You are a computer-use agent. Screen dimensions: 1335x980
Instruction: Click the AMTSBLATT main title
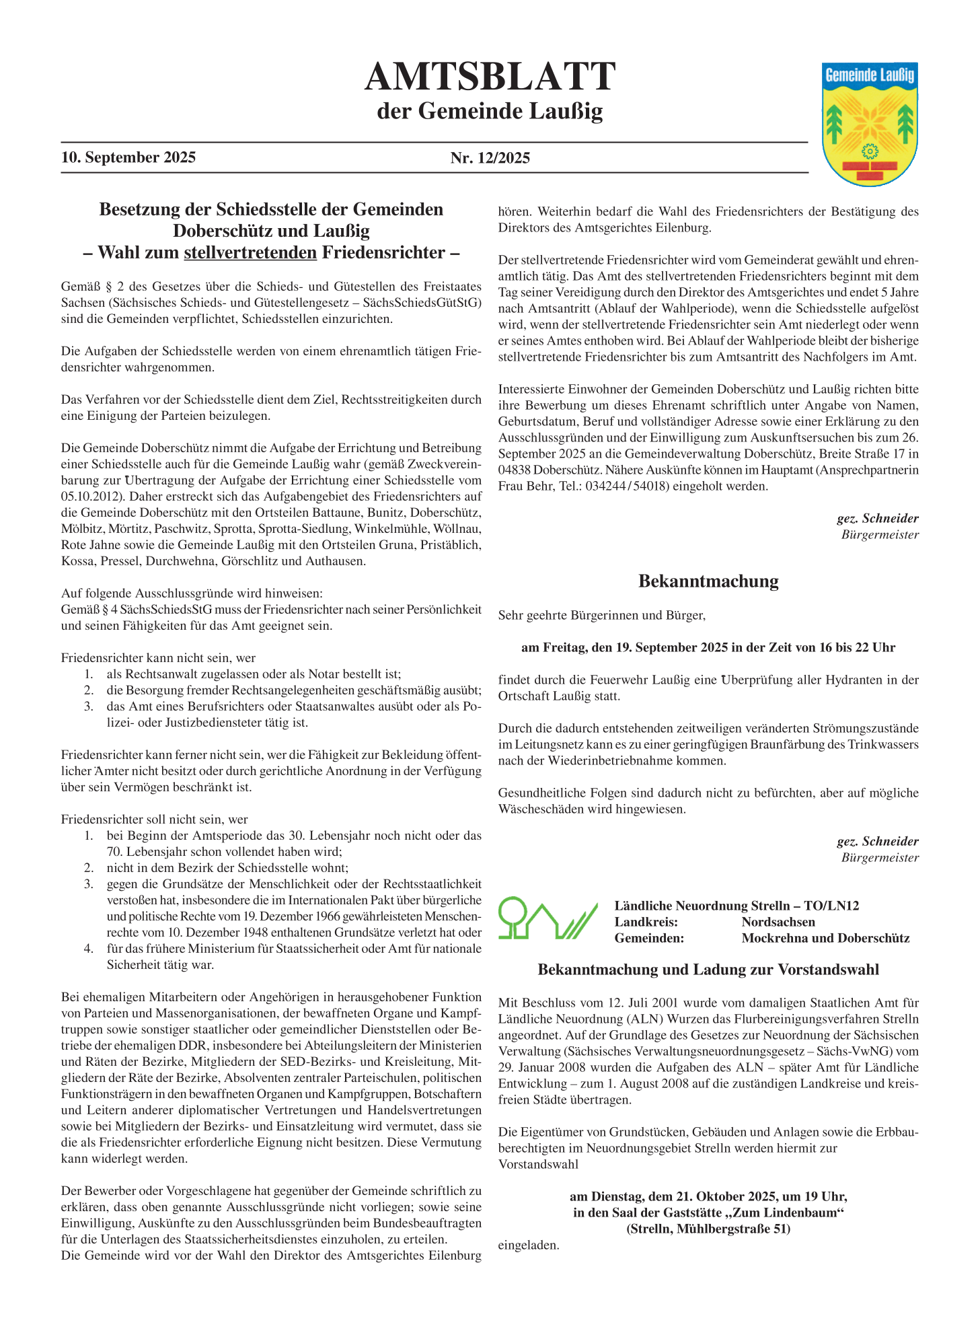pos(490,77)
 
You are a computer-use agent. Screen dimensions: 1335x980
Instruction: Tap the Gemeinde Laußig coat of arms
pos(870,124)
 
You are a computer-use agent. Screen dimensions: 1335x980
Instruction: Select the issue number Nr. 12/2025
pos(490,158)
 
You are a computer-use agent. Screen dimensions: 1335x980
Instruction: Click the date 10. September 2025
pos(128,157)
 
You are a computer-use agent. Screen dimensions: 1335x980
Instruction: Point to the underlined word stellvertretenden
pos(250,253)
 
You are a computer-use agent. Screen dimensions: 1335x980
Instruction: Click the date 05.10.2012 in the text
pos(92,497)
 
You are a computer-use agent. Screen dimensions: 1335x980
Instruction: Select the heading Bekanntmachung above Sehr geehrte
pos(708,581)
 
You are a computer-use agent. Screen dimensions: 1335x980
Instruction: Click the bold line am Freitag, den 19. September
pos(708,647)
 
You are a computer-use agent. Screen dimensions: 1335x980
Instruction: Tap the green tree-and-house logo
pos(548,918)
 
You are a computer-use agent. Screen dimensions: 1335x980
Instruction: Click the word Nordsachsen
pos(778,922)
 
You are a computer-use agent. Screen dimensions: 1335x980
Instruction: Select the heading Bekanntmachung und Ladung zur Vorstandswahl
pos(708,970)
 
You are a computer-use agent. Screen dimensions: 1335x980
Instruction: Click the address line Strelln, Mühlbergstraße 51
pos(708,1229)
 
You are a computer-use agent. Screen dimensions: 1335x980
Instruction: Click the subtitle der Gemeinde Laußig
pos(490,111)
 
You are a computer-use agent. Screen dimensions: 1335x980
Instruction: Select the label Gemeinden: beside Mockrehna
pos(649,938)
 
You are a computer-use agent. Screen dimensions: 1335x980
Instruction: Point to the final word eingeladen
pos(529,1245)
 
